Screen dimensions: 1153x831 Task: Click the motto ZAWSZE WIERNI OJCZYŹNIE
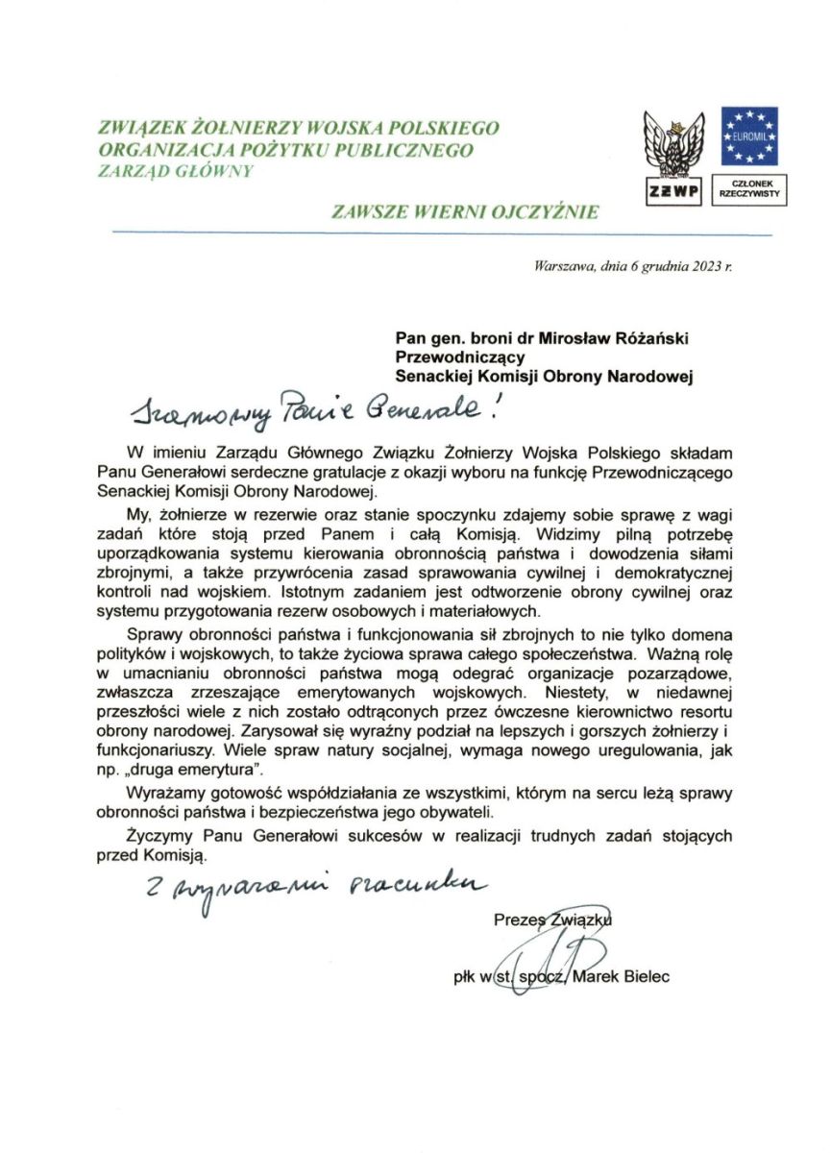click(465, 211)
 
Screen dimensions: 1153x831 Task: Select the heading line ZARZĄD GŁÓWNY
click(176, 171)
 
